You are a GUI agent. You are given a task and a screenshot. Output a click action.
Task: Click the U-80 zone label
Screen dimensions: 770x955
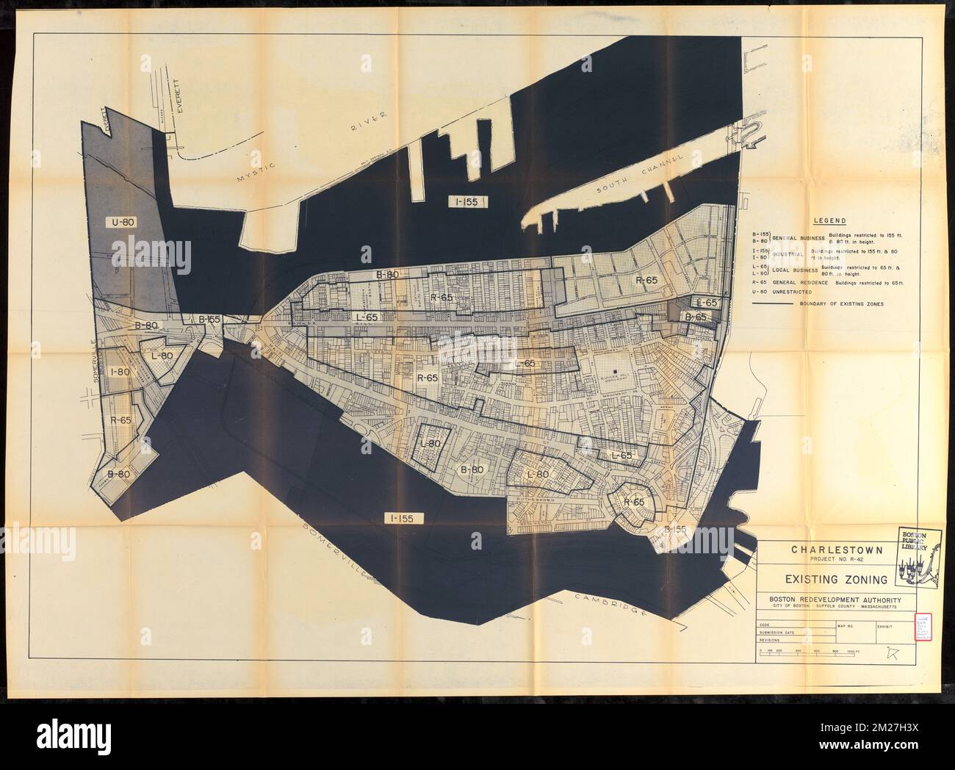pos(124,220)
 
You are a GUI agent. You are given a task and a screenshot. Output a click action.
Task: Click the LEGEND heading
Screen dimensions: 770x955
pos(829,220)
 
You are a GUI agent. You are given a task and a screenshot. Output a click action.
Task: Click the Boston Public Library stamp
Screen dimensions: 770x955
pos(915,555)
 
